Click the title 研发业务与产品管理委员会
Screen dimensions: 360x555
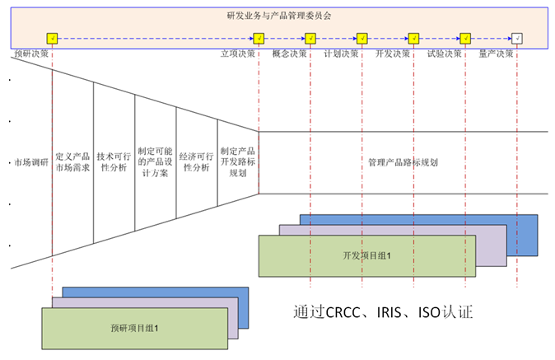[x=278, y=16]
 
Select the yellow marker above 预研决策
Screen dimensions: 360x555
[x=52, y=38]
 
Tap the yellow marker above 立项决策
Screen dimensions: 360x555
[x=259, y=38]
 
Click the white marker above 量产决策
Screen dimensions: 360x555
[x=516, y=38]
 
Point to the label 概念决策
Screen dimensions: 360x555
[x=289, y=54]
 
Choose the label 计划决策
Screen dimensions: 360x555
[x=341, y=54]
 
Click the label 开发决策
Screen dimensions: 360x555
[x=393, y=54]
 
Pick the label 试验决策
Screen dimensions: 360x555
[x=445, y=54]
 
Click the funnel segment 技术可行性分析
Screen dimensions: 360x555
[x=114, y=162]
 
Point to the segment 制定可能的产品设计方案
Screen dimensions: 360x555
[x=156, y=162]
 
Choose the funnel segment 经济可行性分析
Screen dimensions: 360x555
[x=197, y=162]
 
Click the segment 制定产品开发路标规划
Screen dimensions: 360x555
[x=238, y=162]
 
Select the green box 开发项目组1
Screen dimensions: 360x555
[x=366, y=256]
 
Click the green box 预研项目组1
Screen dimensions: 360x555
[x=134, y=328]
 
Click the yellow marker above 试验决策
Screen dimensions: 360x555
[x=465, y=38]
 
